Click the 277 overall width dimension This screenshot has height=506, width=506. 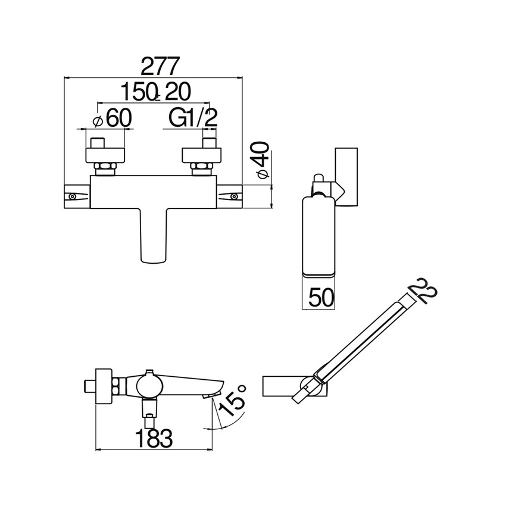(160, 67)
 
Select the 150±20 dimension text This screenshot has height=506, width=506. (156, 92)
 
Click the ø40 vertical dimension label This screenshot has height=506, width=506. (262, 160)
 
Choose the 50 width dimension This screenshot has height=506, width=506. (321, 297)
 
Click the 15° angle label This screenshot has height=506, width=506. (231, 399)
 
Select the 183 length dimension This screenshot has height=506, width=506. (154, 438)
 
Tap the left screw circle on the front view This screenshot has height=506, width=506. (73, 196)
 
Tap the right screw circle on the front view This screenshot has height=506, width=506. (233, 196)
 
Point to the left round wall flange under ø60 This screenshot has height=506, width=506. (105, 155)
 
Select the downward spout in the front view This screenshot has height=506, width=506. (154, 235)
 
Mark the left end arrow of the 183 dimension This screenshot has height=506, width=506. (98, 449)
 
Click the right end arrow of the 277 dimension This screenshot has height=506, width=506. (240, 77)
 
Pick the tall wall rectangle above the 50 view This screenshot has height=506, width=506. (346, 177)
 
